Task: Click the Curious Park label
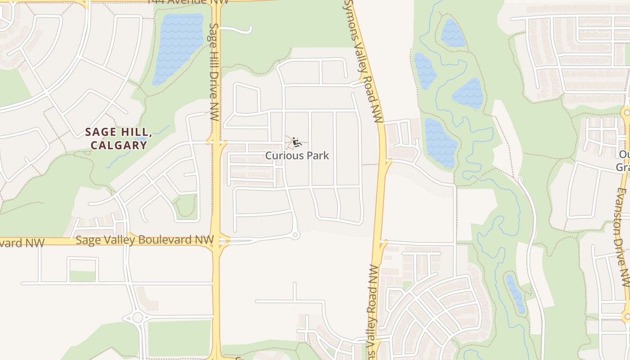(x=297, y=156)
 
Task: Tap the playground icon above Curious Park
(x=296, y=143)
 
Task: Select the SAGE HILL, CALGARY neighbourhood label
(x=119, y=138)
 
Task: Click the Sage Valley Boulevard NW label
(x=142, y=240)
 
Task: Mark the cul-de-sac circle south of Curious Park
(x=295, y=235)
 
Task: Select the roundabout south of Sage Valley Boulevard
(x=138, y=318)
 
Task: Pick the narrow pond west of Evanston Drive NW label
(x=516, y=293)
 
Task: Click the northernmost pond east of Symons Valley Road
(x=453, y=33)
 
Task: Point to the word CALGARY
(x=119, y=145)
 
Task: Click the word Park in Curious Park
(x=318, y=156)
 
